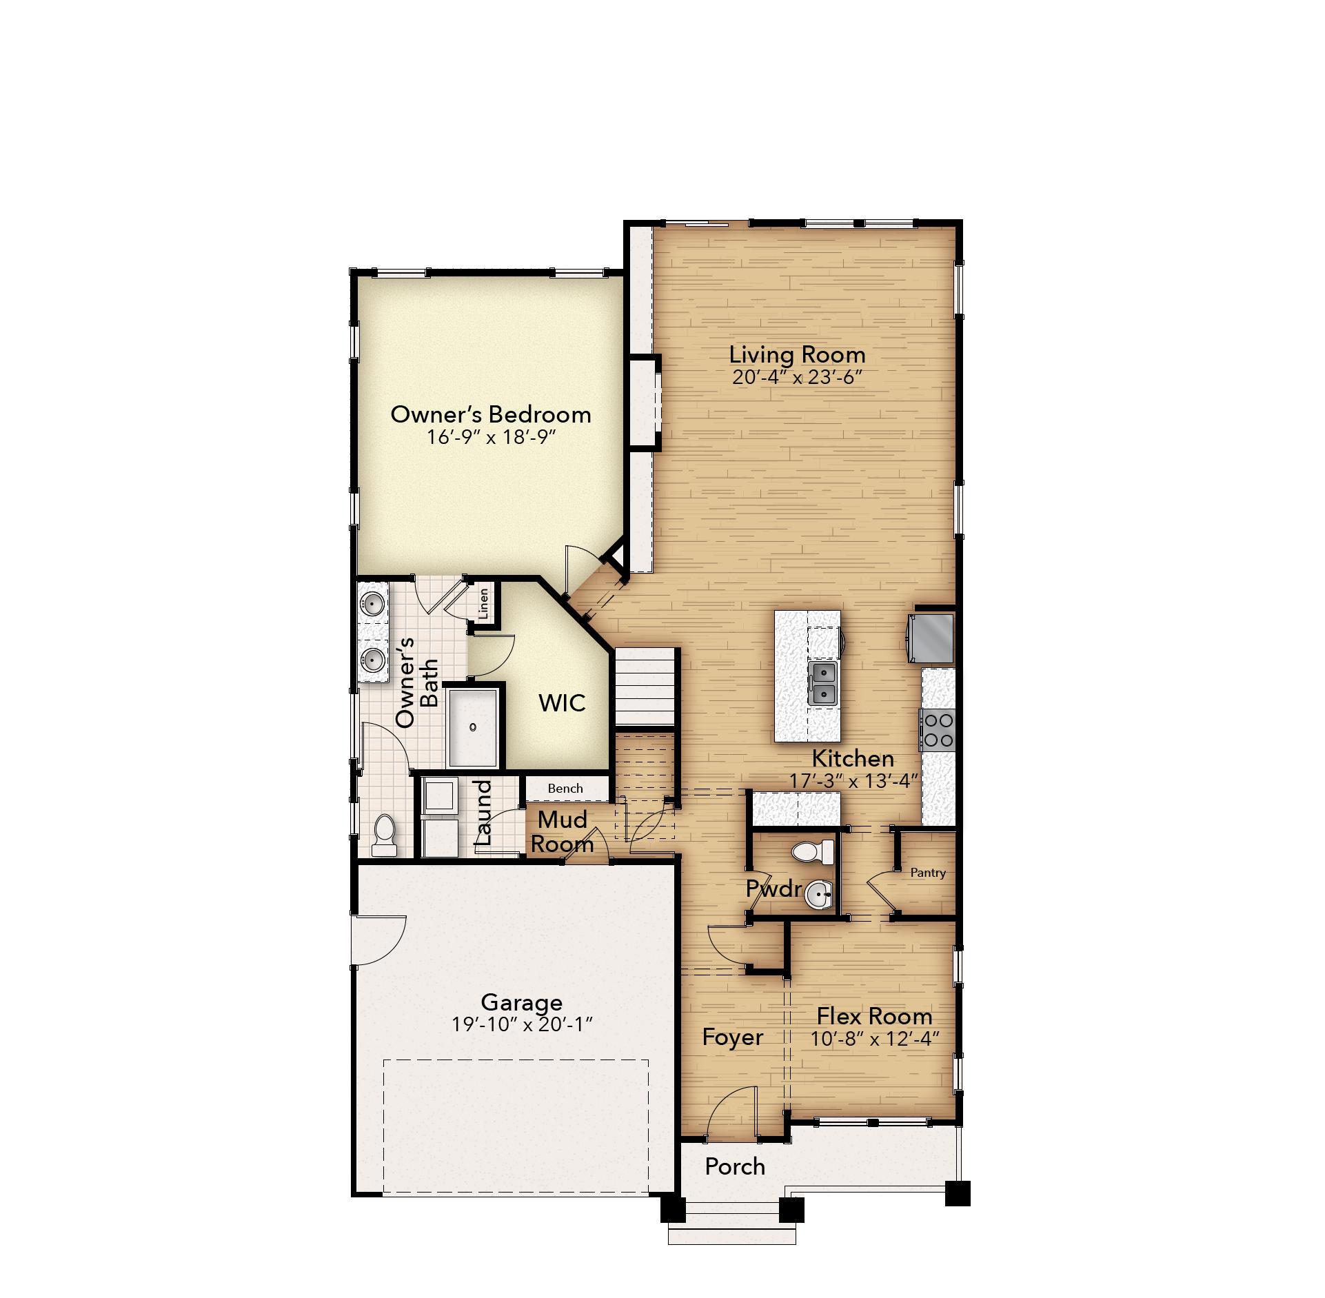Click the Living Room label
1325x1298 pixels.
click(x=797, y=355)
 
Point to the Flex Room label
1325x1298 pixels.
click(x=874, y=1016)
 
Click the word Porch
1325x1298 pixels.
click(x=735, y=1166)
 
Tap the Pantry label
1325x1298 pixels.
click(x=927, y=873)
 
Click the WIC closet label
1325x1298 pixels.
click(x=562, y=703)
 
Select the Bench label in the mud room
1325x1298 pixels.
click(x=565, y=788)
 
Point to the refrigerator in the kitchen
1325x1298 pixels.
click(x=931, y=638)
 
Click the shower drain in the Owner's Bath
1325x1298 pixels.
click(x=473, y=727)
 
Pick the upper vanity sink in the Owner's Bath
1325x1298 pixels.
click(x=373, y=605)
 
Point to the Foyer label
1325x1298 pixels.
click(x=732, y=1037)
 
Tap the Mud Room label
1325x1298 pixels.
click(x=562, y=831)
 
